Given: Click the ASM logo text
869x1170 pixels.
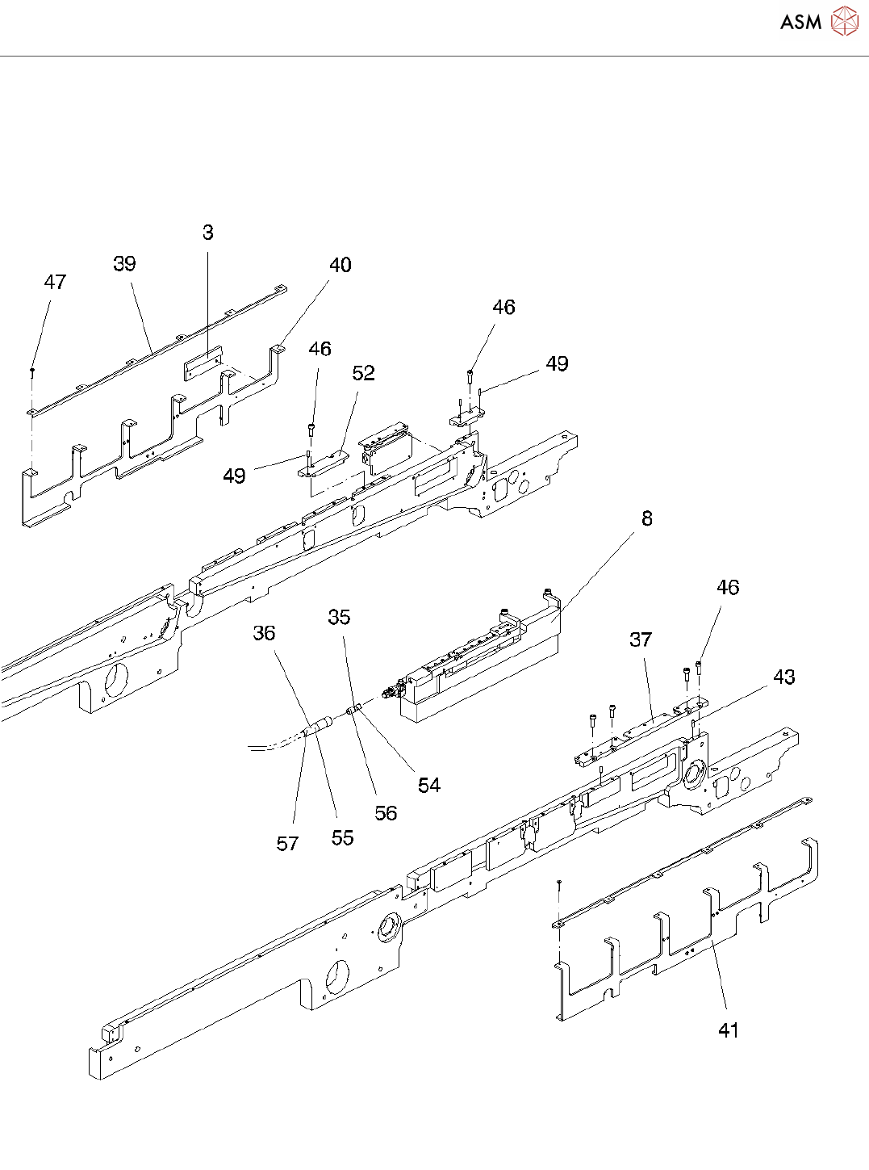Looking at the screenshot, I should click(800, 23).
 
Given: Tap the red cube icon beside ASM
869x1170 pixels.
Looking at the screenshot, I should click(844, 22).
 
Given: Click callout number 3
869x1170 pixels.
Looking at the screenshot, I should click(208, 233).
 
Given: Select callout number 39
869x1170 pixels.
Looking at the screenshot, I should click(124, 264).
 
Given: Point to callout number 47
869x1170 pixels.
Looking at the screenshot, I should click(55, 283).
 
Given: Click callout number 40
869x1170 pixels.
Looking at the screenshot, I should click(340, 266).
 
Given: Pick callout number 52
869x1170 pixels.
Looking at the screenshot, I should click(364, 373).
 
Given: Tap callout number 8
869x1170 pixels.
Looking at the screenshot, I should click(647, 519).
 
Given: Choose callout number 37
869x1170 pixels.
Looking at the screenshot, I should click(641, 640).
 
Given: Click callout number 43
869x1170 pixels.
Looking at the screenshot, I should click(784, 677).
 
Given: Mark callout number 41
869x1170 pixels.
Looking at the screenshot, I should click(729, 1030).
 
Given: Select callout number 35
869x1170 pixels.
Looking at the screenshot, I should click(340, 618).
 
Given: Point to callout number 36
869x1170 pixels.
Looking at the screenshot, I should click(265, 634).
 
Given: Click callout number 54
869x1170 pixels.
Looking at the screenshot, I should click(429, 786).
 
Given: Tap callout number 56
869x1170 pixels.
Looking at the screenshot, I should click(386, 813).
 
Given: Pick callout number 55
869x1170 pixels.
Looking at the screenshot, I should click(343, 838).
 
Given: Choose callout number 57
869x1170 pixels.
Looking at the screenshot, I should click(288, 844).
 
